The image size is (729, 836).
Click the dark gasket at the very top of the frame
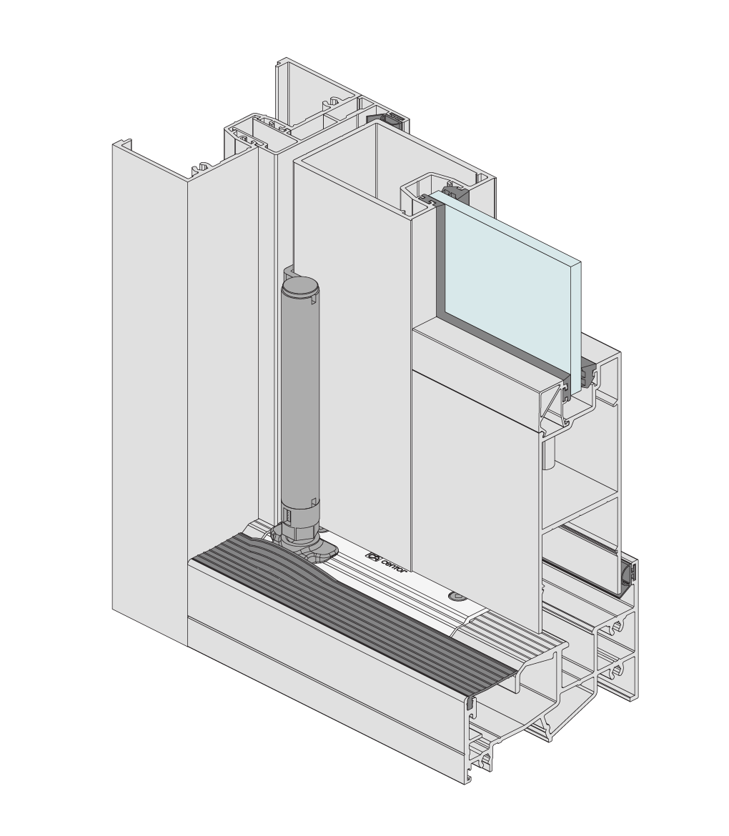click(387, 119)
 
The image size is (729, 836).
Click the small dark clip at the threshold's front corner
click(470, 705)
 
